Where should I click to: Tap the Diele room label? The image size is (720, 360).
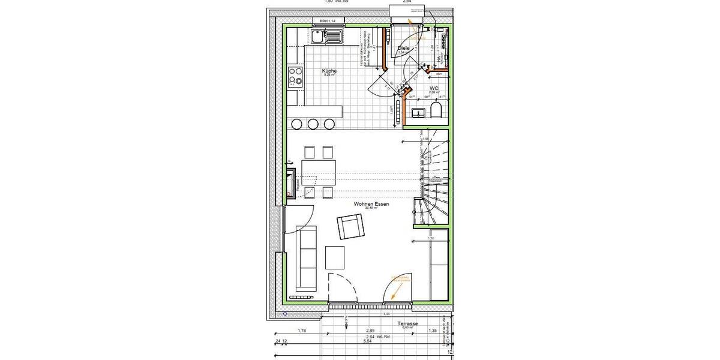pyautogui.click(x=404, y=48)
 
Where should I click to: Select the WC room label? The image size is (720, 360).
pyautogui.click(x=443, y=88)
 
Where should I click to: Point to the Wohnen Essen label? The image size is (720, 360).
pyautogui.click(x=371, y=204)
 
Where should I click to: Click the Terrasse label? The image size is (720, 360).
pyautogui.click(x=407, y=323)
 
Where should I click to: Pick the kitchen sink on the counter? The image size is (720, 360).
pyautogui.click(x=327, y=37)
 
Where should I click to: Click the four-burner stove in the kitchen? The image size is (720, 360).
pyautogui.click(x=295, y=77)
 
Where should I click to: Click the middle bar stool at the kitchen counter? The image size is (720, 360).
pyautogui.click(x=313, y=124)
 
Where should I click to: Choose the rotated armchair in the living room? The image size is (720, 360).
pyautogui.click(x=352, y=227)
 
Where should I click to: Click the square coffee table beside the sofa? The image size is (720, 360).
pyautogui.click(x=335, y=257)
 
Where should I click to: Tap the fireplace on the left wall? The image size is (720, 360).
pyautogui.click(x=292, y=182)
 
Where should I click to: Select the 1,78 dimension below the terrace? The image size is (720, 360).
pyautogui.click(x=302, y=331)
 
